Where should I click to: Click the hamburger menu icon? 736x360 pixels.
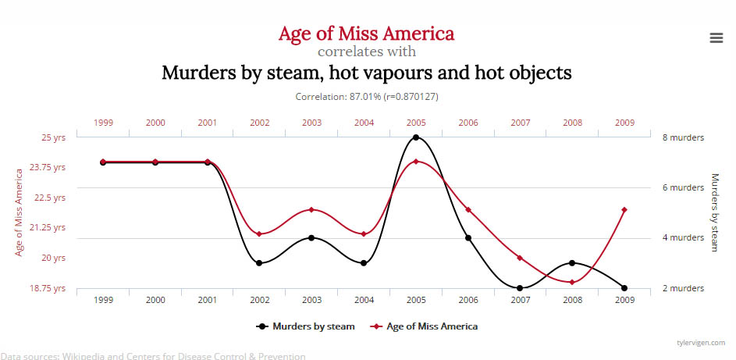[x=716, y=38]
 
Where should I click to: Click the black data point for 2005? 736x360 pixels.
[x=416, y=137]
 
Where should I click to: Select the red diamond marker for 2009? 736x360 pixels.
[x=624, y=209]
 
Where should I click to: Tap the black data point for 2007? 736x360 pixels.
[x=520, y=288]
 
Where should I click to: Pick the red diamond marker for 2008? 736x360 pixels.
[x=572, y=282]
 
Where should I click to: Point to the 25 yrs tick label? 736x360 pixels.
[x=53, y=137]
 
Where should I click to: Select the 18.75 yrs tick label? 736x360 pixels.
[x=48, y=288]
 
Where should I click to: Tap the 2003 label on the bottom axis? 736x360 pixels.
[x=311, y=300]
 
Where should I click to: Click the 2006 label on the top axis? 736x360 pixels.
[x=468, y=123]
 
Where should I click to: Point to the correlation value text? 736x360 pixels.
[x=366, y=97]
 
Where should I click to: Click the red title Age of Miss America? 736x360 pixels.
[x=366, y=34]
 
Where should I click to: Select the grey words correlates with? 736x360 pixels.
[x=366, y=52]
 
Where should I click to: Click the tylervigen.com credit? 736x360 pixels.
[x=701, y=343]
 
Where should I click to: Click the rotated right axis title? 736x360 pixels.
[x=714, y=212]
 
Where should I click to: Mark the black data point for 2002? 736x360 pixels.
[x=259, y=263]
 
